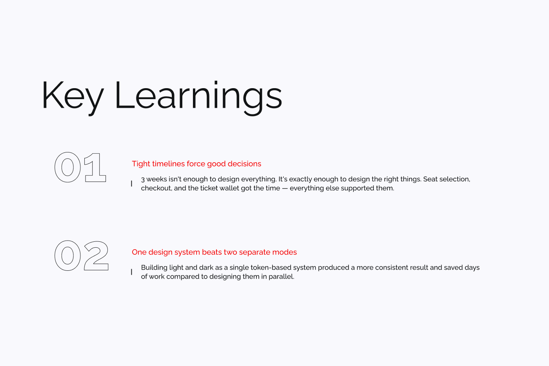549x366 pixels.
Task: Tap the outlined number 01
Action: click(80, 167)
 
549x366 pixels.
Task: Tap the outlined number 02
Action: click(82, 256)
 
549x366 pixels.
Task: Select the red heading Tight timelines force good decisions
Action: click(196, 164)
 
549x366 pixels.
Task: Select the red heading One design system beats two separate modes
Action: click(214, 252)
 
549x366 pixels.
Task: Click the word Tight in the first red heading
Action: click(141, 164)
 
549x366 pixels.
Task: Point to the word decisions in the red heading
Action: click(244, 164)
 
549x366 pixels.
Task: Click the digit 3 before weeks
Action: click(143, 179)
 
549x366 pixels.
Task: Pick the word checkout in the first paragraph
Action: click(156, 188)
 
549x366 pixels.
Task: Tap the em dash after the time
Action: click(285, 188)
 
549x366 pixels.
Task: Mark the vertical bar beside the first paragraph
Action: click(132, 184)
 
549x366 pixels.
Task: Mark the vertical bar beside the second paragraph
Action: click(132, 272)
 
